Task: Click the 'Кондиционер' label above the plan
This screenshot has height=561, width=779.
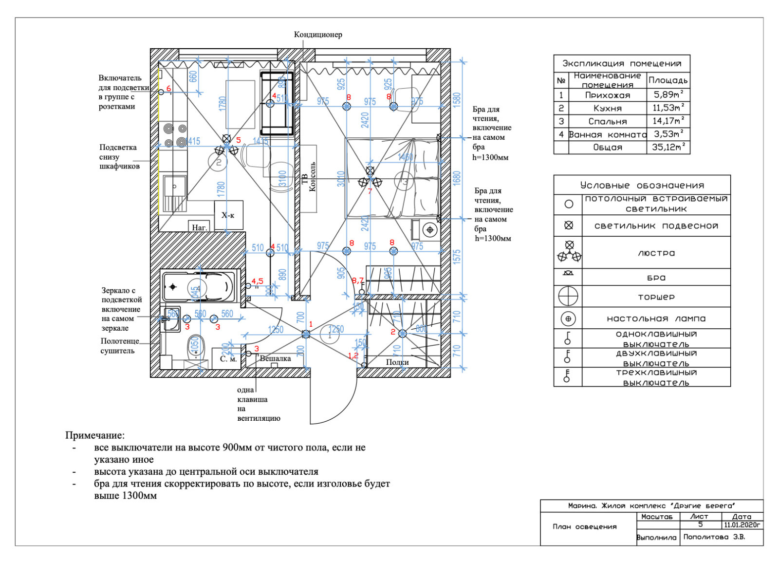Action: pyautogui.click(x=318, y=35)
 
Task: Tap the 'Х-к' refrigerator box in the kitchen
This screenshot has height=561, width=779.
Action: pyautogui.click(x=228, y=215)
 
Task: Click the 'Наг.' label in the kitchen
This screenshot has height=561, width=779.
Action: pyautogui.click(x=199, y=227)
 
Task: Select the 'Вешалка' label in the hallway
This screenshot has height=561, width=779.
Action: pyautogui.click(x=275, y=358)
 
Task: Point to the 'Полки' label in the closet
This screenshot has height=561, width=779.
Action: pyautogui.click(x=397, y=362)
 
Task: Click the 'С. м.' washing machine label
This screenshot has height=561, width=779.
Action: pyautogui.click(x=228, y=359)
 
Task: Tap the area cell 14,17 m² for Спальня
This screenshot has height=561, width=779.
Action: pyautogui.click(x=668, y=121)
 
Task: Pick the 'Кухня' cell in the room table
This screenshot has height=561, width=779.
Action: pyautogui.click(x=607, y=108)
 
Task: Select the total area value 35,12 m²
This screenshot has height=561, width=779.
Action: pyautogui.click(x=668, y=147)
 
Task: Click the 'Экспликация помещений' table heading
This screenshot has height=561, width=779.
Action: pyautogui.click(x=622, y=63)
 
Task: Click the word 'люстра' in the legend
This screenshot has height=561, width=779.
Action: pyautogui.click(x=656, y=253)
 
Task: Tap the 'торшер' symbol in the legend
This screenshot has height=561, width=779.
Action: pyautogui.click(x=568, y=296)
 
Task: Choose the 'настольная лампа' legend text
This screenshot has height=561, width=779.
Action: pyautogui.click(x=656, y=318)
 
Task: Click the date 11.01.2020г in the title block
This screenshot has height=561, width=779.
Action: pyautogui.click(x=742, y=525)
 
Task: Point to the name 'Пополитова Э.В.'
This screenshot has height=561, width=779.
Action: pyautogui.click(x=714, y=537)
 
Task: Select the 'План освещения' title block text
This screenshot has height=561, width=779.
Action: pyautogui.click(x=584, y=526)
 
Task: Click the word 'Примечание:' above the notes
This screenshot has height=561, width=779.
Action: pyautogui.click(x=95, y=435)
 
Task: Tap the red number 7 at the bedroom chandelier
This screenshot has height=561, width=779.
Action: pyautogui.click(x=370, y=191)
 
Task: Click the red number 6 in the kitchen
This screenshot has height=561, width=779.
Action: pyautogui.click(x=168, y=89)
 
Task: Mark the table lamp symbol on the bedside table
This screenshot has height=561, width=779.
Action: pyautogui.click(x=430, y=229)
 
